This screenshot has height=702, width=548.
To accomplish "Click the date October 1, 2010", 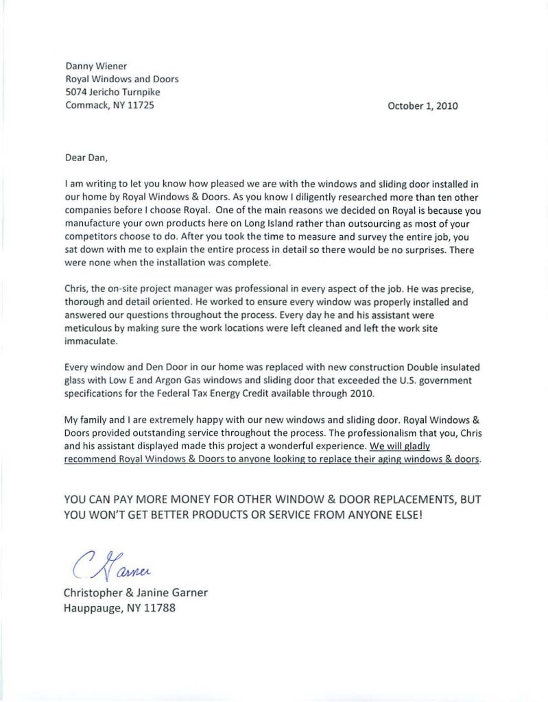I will coord(422,106).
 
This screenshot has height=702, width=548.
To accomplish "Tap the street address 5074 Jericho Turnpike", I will coord(112,93).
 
